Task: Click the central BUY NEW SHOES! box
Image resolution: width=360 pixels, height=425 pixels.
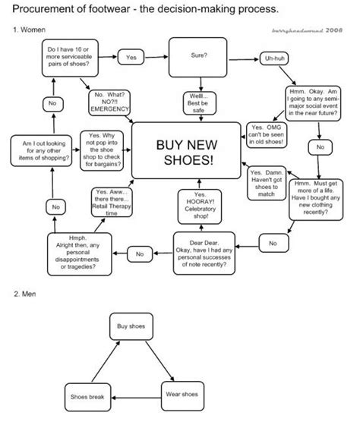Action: click(x=184, y=153)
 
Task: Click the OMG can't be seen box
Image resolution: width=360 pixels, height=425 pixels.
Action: click(x=267, y=134)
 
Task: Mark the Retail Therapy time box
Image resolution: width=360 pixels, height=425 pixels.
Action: click(x=112, y=203)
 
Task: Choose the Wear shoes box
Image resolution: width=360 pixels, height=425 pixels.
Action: click(x=181, y=395)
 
